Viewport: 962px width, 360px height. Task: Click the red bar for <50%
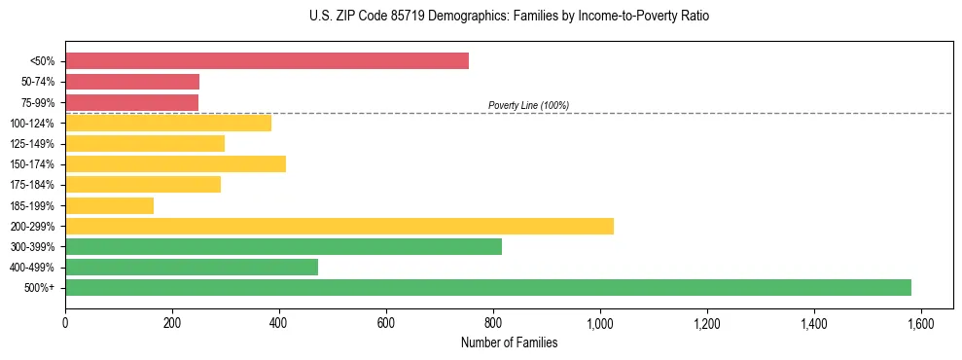(267, 61)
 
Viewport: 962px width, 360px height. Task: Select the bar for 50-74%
(132, 82)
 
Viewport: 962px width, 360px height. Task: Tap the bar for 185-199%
(109, 205)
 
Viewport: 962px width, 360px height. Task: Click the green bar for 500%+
(488, 287)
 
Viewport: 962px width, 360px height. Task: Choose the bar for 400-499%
(192, 267)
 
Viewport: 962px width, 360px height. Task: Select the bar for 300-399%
(283, 246)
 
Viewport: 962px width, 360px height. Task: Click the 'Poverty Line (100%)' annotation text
(528, 105)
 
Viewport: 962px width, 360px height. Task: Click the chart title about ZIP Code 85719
(481, 17)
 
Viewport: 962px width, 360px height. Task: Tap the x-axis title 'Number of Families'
(509, 342)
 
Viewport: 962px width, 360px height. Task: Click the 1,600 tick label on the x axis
(920, 322)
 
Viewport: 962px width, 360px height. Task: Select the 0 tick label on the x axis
(65, 322)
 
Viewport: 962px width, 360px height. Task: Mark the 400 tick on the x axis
(279, 322)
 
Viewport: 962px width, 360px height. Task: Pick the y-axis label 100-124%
(34, 124)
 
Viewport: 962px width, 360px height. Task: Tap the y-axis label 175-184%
(34, 185)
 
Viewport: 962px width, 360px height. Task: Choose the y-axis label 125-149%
(34, 144)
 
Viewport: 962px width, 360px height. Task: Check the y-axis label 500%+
(41, 288)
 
